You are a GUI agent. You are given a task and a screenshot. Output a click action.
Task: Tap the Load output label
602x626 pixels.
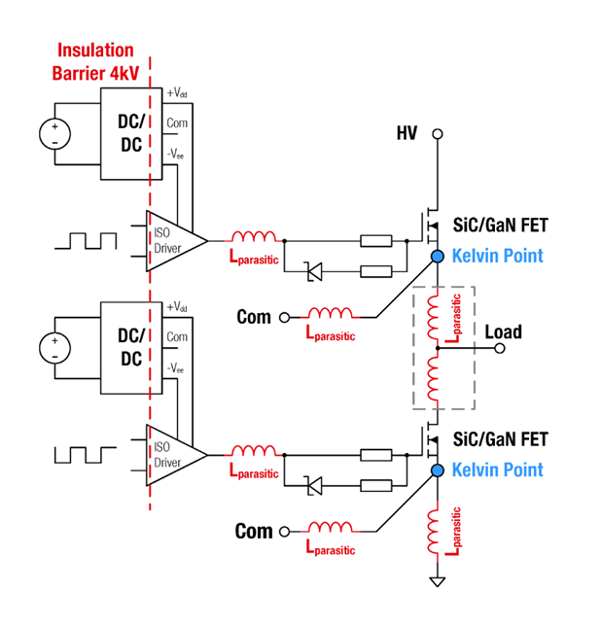(503, 331)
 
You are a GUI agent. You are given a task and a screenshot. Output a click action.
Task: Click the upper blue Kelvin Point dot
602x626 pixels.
(438, 256)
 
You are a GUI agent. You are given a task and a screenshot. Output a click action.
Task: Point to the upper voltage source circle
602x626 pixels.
(54, 134)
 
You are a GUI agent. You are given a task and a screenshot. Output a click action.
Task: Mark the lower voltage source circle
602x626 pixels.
(54, 347)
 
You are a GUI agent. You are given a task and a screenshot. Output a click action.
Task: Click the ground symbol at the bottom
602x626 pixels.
(438, 581)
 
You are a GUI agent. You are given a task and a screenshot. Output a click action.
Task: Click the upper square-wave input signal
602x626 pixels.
(86, 239)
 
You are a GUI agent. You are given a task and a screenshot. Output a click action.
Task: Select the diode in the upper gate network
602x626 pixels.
(314, 272)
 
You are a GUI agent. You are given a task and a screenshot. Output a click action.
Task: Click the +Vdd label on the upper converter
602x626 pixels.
(176, 93)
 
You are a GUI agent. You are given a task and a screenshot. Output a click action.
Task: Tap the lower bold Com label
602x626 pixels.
(253, 531)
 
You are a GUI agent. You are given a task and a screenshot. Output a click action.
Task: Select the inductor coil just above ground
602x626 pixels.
(438, 531)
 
